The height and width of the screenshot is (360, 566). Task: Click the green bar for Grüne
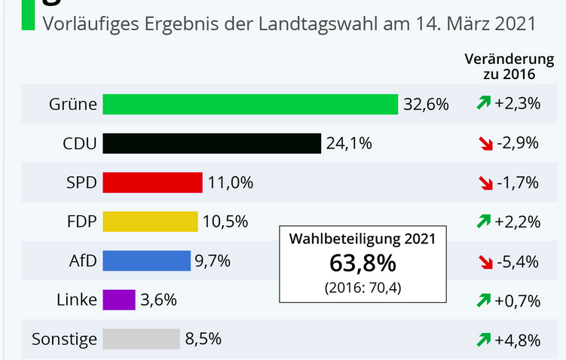[250, 104]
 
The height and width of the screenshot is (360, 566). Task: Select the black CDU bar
[212, 143]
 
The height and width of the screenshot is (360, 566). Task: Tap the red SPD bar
[152, 182]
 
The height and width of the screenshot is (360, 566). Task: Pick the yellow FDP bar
[150, 221]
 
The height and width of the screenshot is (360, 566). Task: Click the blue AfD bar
[146, 261]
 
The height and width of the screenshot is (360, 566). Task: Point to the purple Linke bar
[118, 300]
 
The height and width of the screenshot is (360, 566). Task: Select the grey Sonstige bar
[141, 339]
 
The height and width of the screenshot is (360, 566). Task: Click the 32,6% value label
[426, 104]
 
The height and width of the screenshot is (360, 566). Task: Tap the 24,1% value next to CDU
[349, 143]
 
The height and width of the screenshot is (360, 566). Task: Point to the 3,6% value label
[158, 300]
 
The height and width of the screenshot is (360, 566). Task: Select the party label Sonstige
[64, 339]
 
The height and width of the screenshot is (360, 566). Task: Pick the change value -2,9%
[518, 143]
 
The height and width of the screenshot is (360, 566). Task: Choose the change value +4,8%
[518, 340]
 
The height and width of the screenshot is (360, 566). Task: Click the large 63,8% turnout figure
[363, 264]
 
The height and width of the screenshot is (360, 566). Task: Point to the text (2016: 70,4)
[363, 288]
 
